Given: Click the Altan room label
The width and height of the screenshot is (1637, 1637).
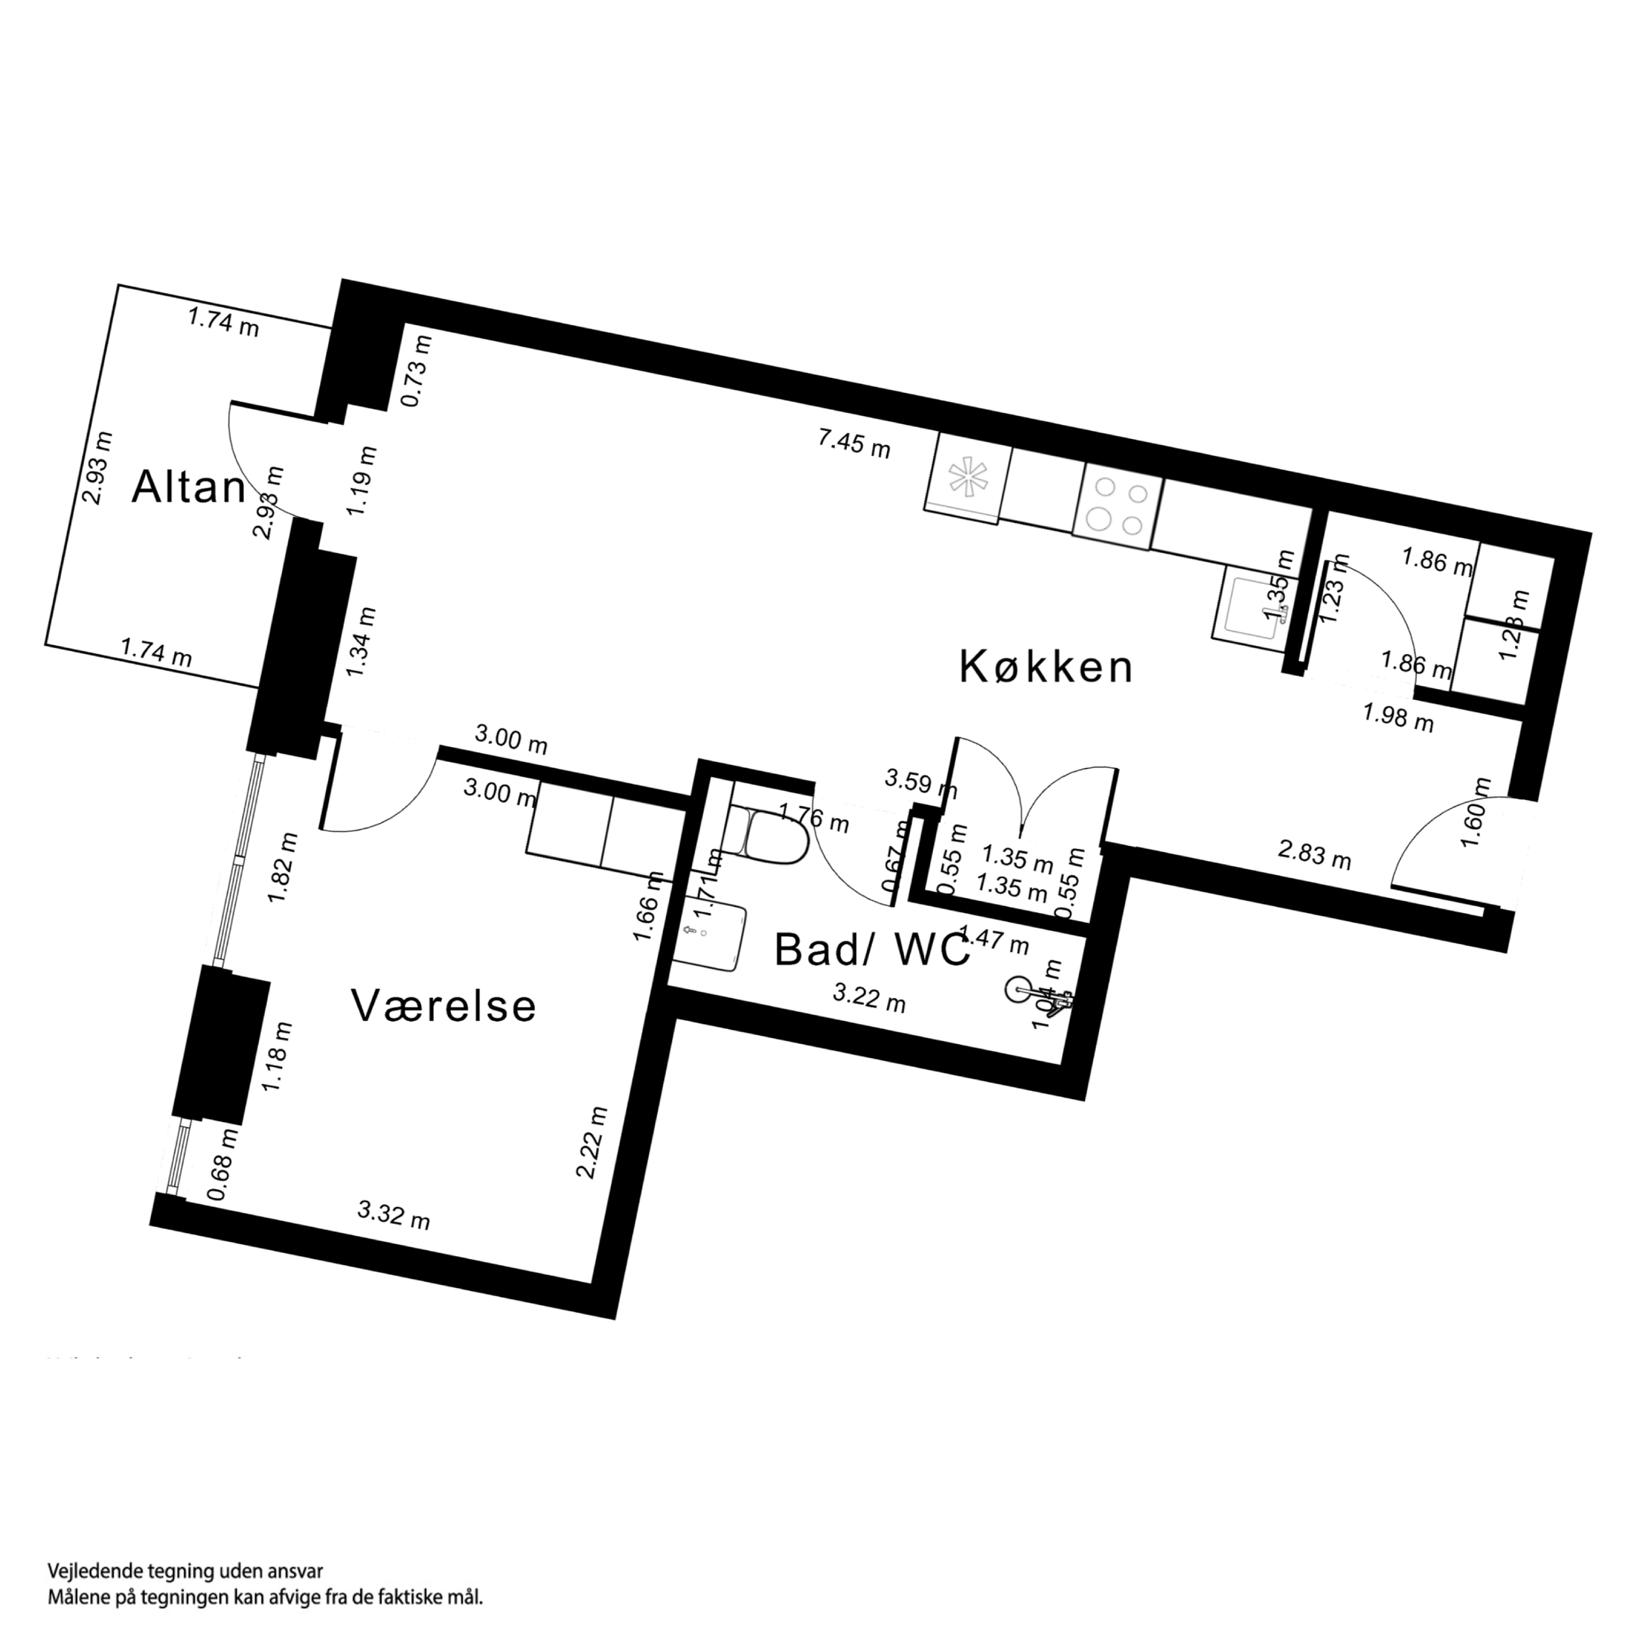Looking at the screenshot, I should click(188, 488).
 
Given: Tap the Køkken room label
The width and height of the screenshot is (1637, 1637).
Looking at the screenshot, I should click(1045, 667).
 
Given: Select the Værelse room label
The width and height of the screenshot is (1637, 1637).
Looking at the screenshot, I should click(443, 1007).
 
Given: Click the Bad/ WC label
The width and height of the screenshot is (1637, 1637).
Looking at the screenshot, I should click(871, 951).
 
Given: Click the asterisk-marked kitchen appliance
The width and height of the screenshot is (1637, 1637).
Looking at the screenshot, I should click(967, 477).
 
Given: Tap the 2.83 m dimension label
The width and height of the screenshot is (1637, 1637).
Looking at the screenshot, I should click(1313, 855).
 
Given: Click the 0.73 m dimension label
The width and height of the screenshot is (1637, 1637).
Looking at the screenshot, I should click(416, 371).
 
